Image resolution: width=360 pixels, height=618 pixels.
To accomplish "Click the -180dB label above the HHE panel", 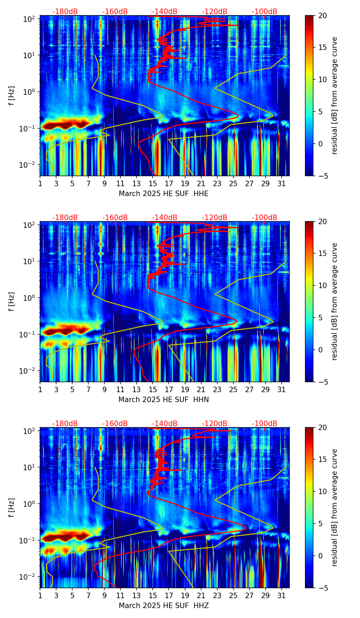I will coord(65,12).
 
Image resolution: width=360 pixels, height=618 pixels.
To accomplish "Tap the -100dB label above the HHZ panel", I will coord(265,424).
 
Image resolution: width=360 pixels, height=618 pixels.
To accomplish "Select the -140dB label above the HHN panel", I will coord(165,218).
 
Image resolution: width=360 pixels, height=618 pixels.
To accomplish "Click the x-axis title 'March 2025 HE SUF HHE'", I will coord(164,194).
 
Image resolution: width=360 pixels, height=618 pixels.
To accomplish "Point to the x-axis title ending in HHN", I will coord(164,400).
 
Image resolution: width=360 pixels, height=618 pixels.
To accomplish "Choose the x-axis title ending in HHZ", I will coord(164,606).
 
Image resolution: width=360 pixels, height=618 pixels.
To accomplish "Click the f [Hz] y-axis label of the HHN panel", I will coord(12,301).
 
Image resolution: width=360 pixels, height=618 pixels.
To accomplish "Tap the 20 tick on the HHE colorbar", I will coord(322,15).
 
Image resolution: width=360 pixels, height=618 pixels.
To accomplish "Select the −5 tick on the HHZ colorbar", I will coord(322,588).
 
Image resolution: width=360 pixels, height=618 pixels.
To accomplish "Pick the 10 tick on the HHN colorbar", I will coord(322,285).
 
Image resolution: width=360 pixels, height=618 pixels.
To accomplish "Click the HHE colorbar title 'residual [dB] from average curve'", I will coord(334,95).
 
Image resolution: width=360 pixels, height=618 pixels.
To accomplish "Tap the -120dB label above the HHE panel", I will coord(215,12).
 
